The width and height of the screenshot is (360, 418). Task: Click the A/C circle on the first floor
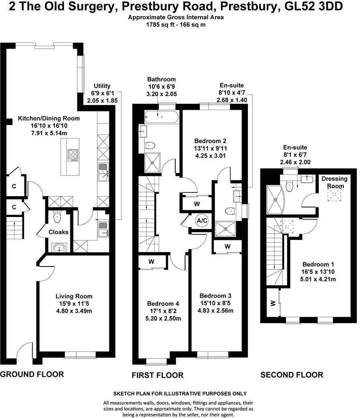(x=201, y=221)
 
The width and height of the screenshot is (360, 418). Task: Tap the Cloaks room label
(x=58, y=232)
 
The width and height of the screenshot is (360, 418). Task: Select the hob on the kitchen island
(x=73, y=155)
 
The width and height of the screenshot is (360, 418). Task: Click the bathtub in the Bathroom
(x=160, y=117)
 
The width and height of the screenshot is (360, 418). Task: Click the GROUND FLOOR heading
(x=32, y=374)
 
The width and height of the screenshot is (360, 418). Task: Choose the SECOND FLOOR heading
(x=292, y=375)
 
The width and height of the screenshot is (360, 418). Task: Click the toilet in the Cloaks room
(x=57, y=218)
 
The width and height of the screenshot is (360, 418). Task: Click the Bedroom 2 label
(x=210, y=141)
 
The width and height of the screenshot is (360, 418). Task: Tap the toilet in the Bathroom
(x=150, y=145)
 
